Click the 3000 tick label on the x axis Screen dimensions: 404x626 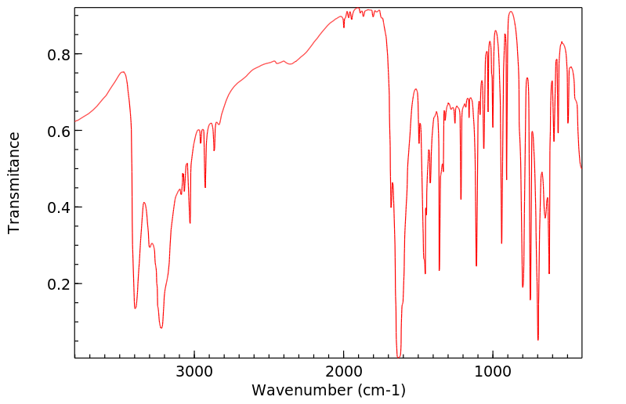194,370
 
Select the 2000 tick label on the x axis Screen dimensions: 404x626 343,370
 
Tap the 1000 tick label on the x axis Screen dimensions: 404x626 492,370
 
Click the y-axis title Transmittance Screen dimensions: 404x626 14,182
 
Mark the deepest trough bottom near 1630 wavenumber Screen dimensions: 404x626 398,357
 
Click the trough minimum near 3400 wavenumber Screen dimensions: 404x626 135,308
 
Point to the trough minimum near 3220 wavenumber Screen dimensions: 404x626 161,327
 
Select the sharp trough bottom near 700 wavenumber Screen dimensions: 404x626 537,339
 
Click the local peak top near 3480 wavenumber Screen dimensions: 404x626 122,72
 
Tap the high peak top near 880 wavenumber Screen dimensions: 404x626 511,12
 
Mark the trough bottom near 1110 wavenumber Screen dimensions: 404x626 476,265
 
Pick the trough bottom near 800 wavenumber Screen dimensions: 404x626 523,287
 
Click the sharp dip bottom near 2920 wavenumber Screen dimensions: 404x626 205,187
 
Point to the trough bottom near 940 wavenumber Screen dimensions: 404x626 501,243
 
